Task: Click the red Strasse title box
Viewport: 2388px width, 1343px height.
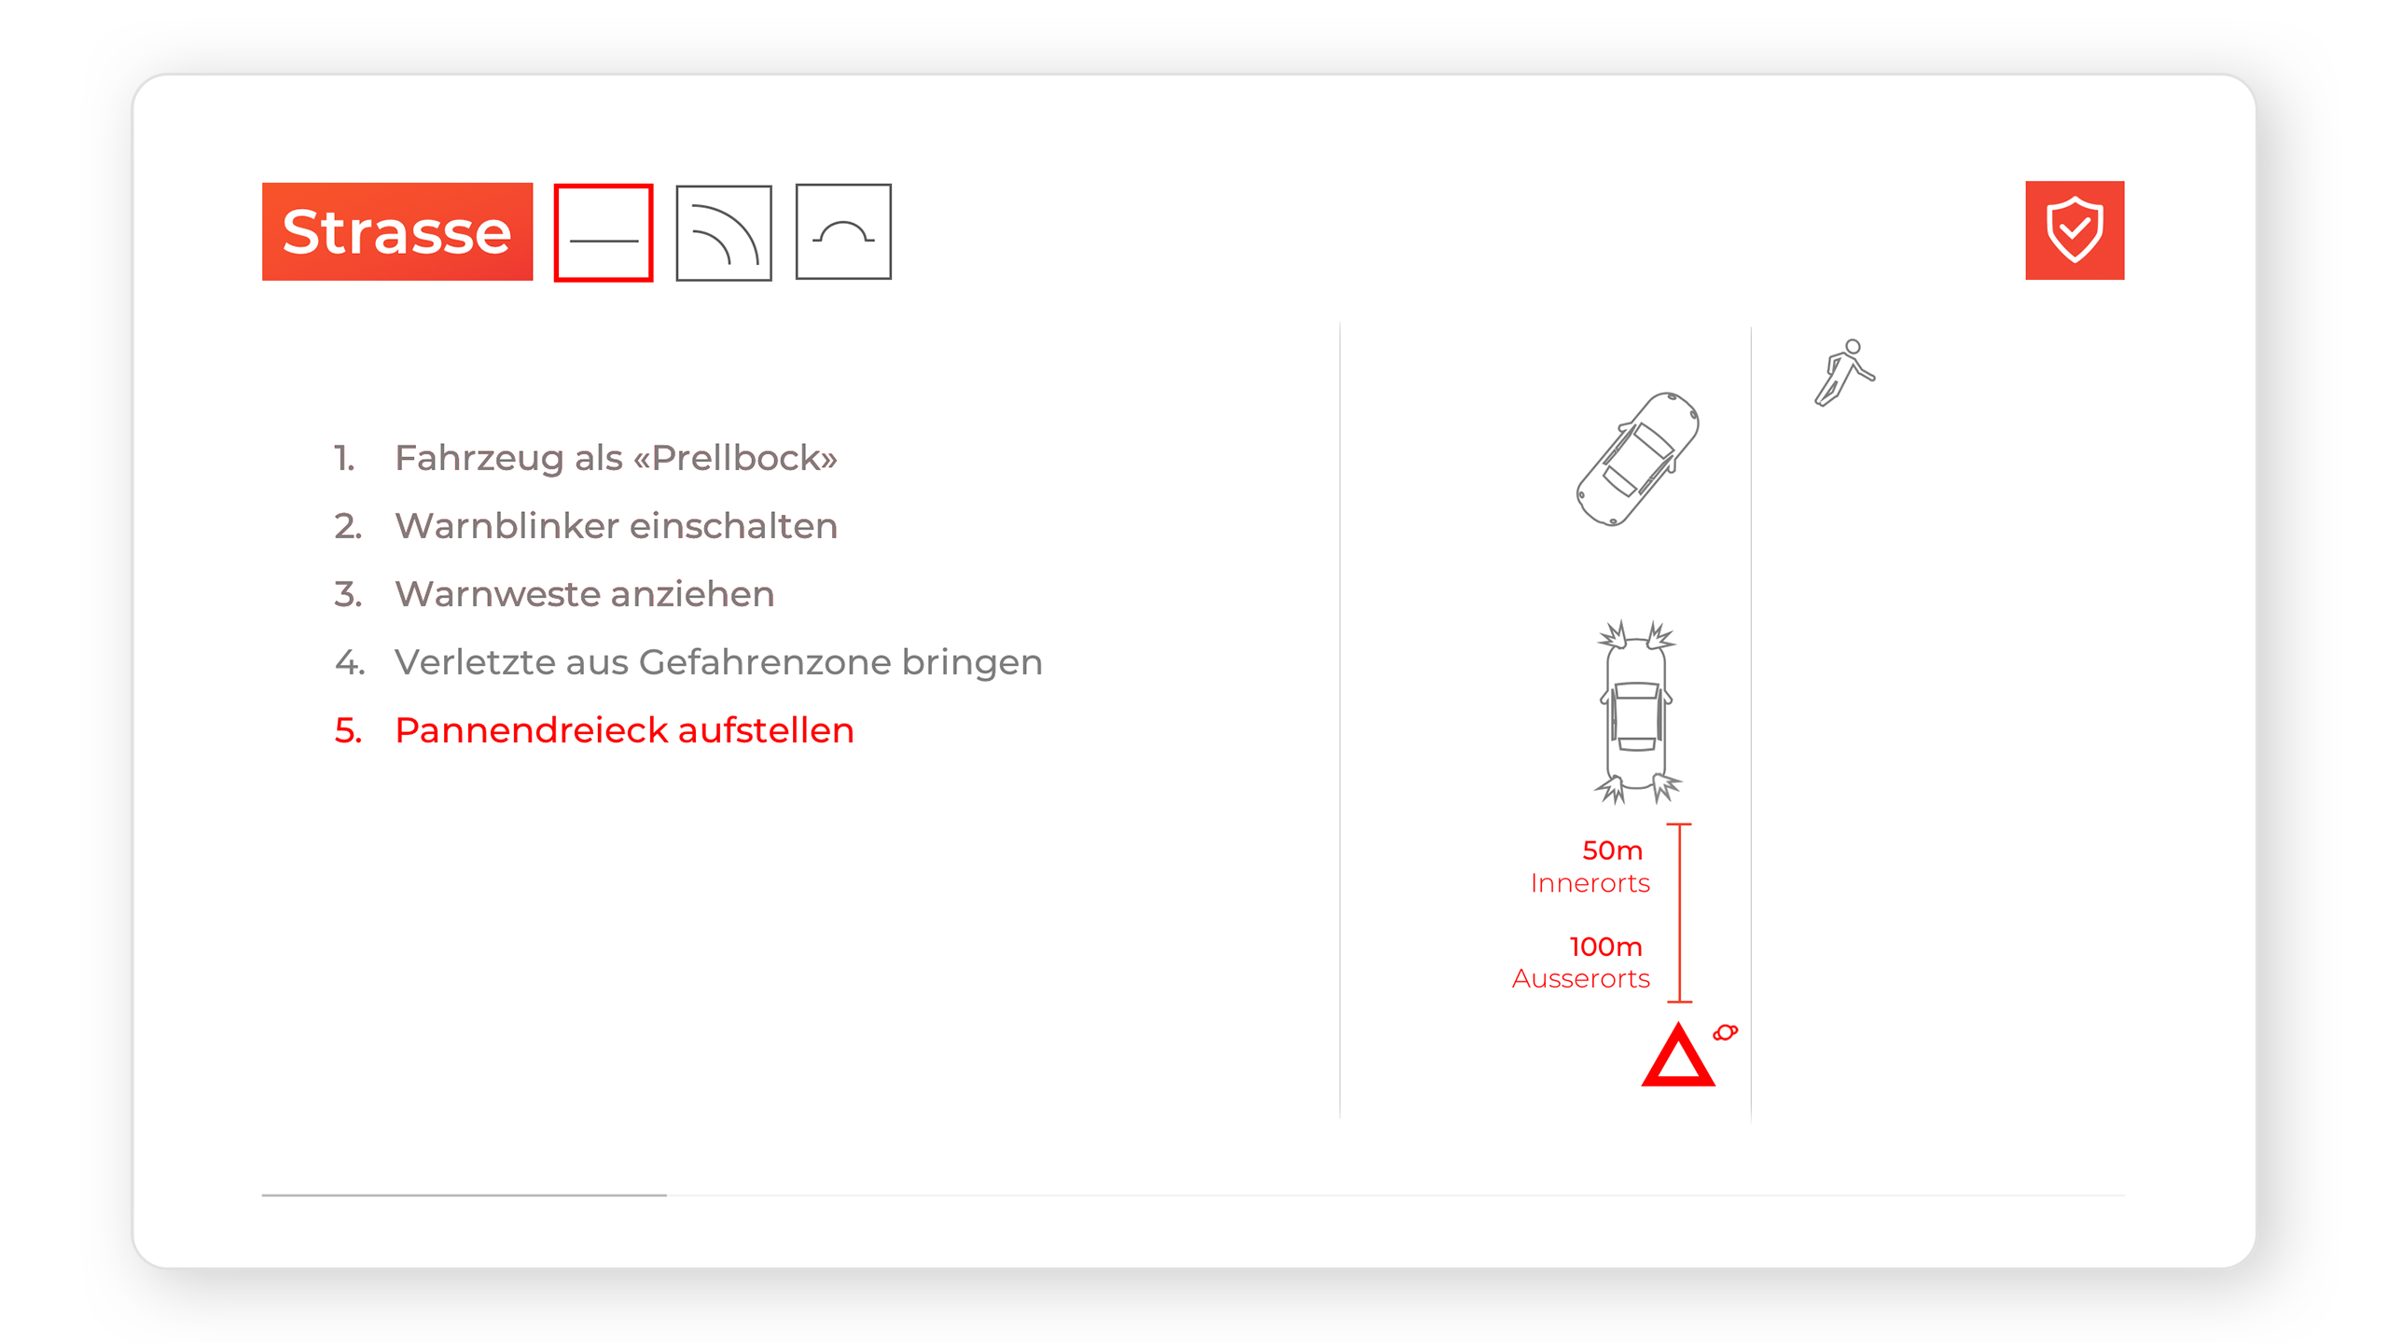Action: [x=397, y=231]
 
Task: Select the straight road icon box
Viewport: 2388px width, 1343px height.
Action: [x=604, y=232]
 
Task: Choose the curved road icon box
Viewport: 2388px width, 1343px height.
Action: [x=724, y=232]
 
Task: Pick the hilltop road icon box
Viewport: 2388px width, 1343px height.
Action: [x=843, y=231]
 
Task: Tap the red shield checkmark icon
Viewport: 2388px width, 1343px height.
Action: [x=2075, y=230]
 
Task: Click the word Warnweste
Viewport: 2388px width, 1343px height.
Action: [x=497, y=594]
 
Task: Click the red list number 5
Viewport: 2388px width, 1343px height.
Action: [x=348, y=730]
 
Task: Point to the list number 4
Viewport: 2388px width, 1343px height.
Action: [x=350, y=662]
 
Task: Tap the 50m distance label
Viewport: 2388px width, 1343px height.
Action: [x=1612, y=851]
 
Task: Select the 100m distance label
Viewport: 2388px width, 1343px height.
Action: [x=1605, y=947]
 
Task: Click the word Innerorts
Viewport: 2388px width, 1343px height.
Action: [x=1590, y=883]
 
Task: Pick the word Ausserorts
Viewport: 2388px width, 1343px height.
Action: [x=1581, y=978]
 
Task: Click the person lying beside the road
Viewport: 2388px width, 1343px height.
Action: [x=1844, y=373]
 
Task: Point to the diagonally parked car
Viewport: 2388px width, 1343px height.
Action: [x=1637, y=459]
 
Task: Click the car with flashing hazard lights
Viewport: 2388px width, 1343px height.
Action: [x=1637, y=712]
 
